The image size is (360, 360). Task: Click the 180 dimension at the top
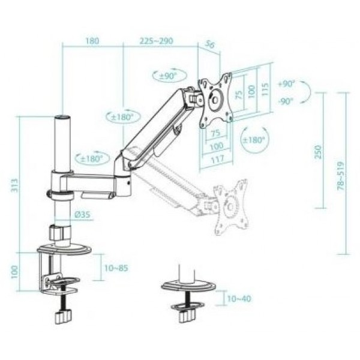92,41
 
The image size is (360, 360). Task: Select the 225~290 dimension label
157,41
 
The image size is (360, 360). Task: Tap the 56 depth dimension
209,44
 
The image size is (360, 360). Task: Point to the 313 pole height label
14,185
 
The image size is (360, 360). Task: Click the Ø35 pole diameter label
83,215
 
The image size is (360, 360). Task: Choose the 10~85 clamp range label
116,268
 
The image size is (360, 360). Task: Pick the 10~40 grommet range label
239,298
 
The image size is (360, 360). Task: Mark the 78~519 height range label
341,176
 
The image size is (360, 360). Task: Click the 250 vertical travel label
318,152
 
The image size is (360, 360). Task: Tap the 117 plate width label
217,159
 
